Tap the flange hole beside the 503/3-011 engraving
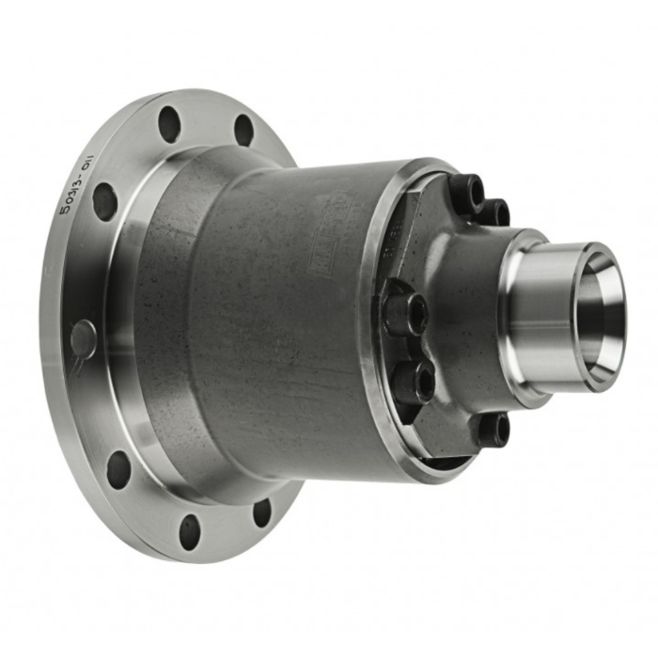pyautogui.click(x=105, y=201)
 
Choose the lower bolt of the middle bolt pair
pyautogui.click(x=415, y=381)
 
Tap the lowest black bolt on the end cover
pyautogui.click(x=492, y=430)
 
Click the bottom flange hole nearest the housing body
pyautogui.click(x=261, y=512)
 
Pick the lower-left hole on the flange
pyautogui.click(x=118, y=469)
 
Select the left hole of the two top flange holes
pyautogui.click(x=169, y=123)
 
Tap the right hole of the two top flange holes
pyautogui.click(x=243, y=130)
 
